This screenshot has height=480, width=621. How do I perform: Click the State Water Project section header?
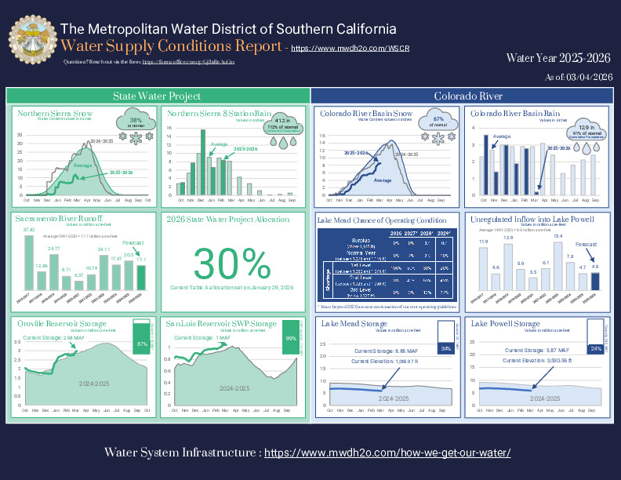click(x=157, y=96)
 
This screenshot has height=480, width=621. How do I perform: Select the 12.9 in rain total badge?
click(x=583, y=130)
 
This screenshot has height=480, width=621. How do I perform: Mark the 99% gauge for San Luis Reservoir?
click(x=289, y=337)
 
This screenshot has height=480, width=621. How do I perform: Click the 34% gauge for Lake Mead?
click(x=445, y=347)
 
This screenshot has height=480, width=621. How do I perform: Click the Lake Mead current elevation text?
click(x=383, y=361)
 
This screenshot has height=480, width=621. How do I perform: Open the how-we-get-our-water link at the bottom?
click(x=387, y=453)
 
